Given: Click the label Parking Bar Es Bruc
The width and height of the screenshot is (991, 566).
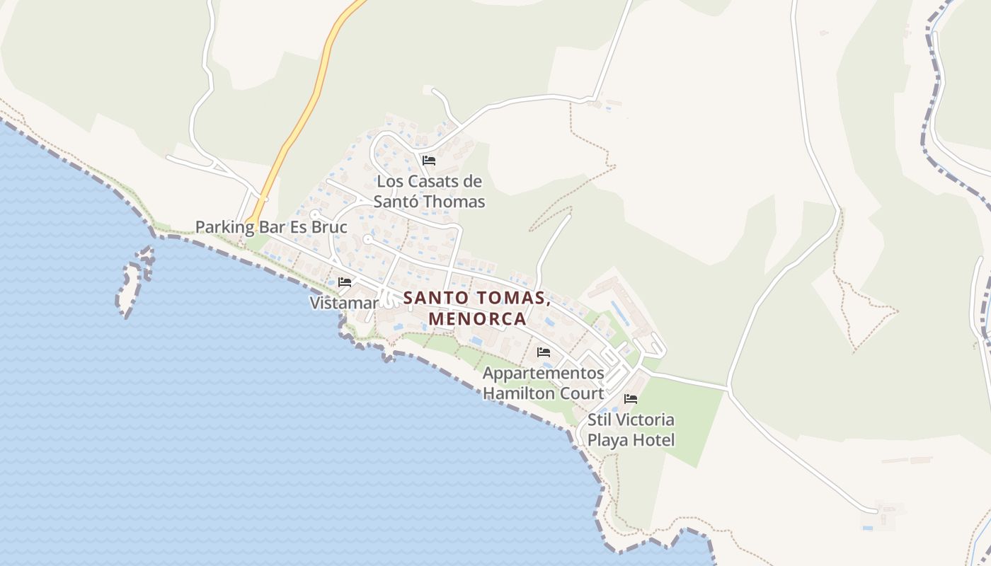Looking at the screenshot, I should (271, 227).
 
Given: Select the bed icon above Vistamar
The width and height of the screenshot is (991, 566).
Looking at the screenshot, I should (345, 282).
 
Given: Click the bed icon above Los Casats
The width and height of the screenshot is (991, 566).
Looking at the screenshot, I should (428, 161).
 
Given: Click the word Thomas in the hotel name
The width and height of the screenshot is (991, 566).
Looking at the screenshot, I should (459, 202).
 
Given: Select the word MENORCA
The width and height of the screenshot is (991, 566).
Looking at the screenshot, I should (478, 318).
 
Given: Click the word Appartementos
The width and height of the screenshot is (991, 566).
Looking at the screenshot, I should (544, 373).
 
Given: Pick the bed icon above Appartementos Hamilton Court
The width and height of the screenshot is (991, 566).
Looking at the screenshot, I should (544, 352).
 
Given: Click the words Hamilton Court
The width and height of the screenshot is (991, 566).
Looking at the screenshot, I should (544, 393).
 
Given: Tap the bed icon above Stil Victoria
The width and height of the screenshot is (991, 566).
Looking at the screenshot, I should (631, 399).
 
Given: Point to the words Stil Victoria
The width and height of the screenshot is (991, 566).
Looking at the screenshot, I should (631, 420).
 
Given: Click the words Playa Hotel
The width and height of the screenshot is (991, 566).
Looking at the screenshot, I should (631, 440).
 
